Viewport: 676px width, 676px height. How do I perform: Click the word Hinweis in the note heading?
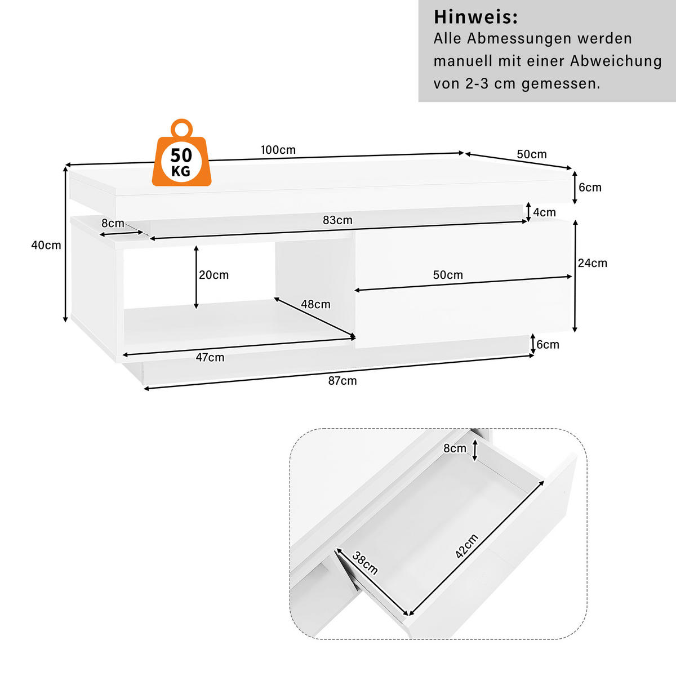pyautogui.click(x=475, y=17)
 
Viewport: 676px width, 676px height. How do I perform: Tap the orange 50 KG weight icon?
pyautogui.click(x=181, y=159)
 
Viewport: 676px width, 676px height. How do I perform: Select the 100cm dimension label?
pyautogui.click(x=278, y=150)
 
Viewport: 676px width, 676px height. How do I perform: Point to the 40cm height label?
pyautogui.click(x=46, y=245)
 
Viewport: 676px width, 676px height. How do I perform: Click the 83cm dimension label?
pyautogui.click(x=337, y=220)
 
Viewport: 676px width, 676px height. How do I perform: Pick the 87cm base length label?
pyautogui.click(x=343, y=381)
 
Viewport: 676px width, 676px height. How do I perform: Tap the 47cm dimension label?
pyautogui.click(x=210, y=358)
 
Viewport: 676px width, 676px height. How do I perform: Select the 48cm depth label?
pyautogui.click(x=315, y=304)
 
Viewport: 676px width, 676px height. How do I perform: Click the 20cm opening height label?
pyautogui.click(x=214, y=275)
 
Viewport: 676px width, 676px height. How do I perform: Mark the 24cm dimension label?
pyautogui.click(x=593, y=263)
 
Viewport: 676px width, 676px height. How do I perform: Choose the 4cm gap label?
pyautogui.click(x=545, y=212)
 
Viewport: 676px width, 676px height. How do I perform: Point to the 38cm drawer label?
pyautogui.click(x=365, y=563)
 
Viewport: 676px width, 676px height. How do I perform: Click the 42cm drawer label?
pyautogui.click(x=467, y=546)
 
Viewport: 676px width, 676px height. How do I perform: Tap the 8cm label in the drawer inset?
pyautogui.click(x=455, y=448)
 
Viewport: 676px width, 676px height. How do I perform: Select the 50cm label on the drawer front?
pyautogui.click(x=448, y=275)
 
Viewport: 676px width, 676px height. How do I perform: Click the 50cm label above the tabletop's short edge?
pyautogui.click(x=532, y=154)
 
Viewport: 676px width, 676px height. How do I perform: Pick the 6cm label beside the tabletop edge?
pyautogui.click(x=590, y=188)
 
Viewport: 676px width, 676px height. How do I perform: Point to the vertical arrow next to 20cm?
pyautogui.click(x=196, y=277)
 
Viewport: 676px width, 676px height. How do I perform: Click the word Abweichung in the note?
pyautogui.click(x=616, y=61)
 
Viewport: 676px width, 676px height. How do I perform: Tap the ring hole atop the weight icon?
pyautogui.click(x=181, y=129)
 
